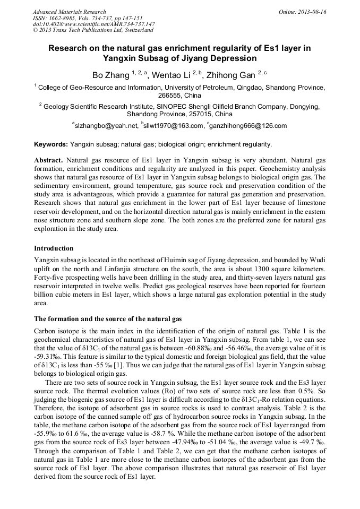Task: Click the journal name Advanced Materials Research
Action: pos(69,12)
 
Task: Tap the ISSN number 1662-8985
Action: pos(63,18)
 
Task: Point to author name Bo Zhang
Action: pos(108,75)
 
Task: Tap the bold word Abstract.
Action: pos(49,160)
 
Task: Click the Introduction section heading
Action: pos(54,248)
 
